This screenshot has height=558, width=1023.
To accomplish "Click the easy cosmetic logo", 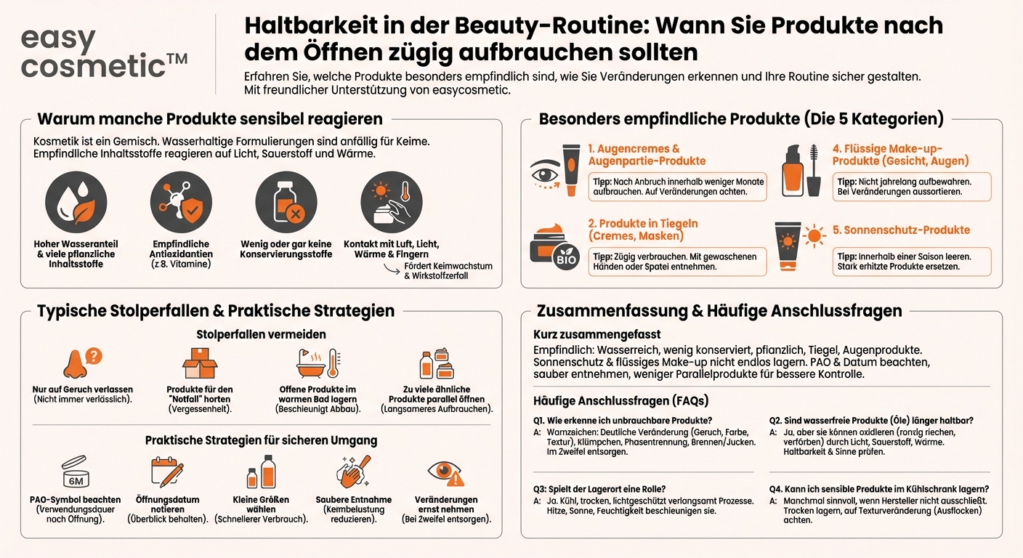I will pyautogui.click(x=104, y=52).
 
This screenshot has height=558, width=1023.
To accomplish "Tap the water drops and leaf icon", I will pyautogui.click(x=76, y=203).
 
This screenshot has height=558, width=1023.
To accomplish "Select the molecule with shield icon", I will pyautogui.click(x=181, y=203).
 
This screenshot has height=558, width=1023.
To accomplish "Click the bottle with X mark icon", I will pyautogui.click(x=286, y=203).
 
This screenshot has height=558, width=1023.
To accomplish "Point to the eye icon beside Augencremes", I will pyautogui.click(x=545, y=174).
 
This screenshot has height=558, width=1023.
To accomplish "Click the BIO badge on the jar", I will pyautogui.click(x=566, y=257).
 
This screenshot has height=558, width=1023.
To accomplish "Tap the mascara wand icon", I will pyautogui.click(x=814, y=170).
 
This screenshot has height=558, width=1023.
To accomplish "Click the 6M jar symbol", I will pyautogui.click(x=76, y=472).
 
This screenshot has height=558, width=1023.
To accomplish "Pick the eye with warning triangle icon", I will pyautogui.click(x=445, y=472).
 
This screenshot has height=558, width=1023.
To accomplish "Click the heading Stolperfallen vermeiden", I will pyautogui.click(x=261, y=334).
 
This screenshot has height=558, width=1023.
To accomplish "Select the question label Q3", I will pyautogui.click(x=538, y=489).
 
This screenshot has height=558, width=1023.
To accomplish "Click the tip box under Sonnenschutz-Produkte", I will pyautogui.click(x=912, y=262).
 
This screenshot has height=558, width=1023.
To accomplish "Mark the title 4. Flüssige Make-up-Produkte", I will pyautogui.click(x=900, y=155).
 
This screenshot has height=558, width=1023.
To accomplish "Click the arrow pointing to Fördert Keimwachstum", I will pyautogui.click(x=392, y=269).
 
